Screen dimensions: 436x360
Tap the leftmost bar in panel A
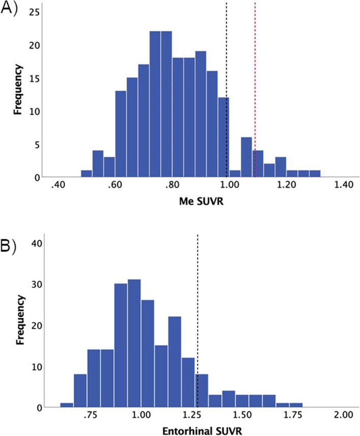pos(86,174)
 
